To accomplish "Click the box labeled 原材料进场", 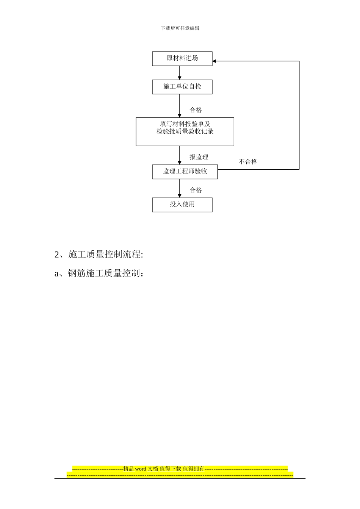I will pos(182,59).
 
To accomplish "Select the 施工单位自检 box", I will pos(182,87).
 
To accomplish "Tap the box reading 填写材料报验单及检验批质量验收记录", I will pos(185,131).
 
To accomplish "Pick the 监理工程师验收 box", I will pos(185,172).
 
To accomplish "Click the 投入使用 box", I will pos(182,205).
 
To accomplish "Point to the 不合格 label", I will pos(248,162).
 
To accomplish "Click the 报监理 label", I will pos(199,157).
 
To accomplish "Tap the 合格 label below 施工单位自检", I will pos(196,110).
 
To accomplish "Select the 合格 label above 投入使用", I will pos(196,190).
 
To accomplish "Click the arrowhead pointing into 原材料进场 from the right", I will pos(214,61).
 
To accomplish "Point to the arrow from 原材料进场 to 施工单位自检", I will pos(180,73).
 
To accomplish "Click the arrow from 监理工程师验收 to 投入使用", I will pos(180,188).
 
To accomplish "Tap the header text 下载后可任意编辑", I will pos(180,28).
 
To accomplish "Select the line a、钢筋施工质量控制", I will pos(99,273).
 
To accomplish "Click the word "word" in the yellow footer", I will pos(140,469).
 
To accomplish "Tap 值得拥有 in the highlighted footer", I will pos(193,469).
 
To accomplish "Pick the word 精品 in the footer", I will pos(128,469).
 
